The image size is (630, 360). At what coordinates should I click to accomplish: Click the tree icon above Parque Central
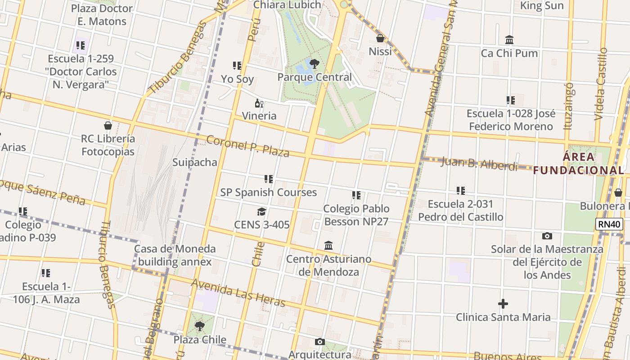coord(315,64)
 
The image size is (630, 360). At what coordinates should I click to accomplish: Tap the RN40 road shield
coord(609,224)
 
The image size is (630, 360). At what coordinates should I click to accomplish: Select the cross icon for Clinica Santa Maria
coord(503,304)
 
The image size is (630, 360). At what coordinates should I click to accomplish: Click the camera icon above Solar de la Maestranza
coord(547,236)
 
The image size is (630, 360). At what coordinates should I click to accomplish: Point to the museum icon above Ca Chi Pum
coord(509,40)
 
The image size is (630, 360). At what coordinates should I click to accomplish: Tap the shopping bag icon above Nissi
coord(380,38)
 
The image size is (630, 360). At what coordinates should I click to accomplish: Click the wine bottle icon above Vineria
coord(259,103)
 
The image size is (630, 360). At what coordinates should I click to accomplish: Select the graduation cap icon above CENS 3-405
coord(261,211)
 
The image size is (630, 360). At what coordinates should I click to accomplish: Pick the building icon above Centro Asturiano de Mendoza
coord(328,246)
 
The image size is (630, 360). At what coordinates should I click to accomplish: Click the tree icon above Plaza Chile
coord(199,326)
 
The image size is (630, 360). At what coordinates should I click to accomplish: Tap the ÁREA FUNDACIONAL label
coord(579,164)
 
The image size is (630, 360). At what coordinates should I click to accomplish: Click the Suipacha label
coord(195,162)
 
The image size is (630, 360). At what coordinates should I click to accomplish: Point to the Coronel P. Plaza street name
coord(247,146)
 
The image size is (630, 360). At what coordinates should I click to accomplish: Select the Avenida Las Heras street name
coord(238,293)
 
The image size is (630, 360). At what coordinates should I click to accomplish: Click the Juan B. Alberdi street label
coord(479,164)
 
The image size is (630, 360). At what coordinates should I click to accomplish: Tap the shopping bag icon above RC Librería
coord(108,126)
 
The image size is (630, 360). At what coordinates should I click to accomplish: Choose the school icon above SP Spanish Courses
coord(269,179)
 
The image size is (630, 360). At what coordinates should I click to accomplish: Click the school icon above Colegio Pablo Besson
coord(356,195)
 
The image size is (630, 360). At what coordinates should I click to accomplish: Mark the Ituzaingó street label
coord(569,106)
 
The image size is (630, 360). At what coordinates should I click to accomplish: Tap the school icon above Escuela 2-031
coord(460,191)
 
